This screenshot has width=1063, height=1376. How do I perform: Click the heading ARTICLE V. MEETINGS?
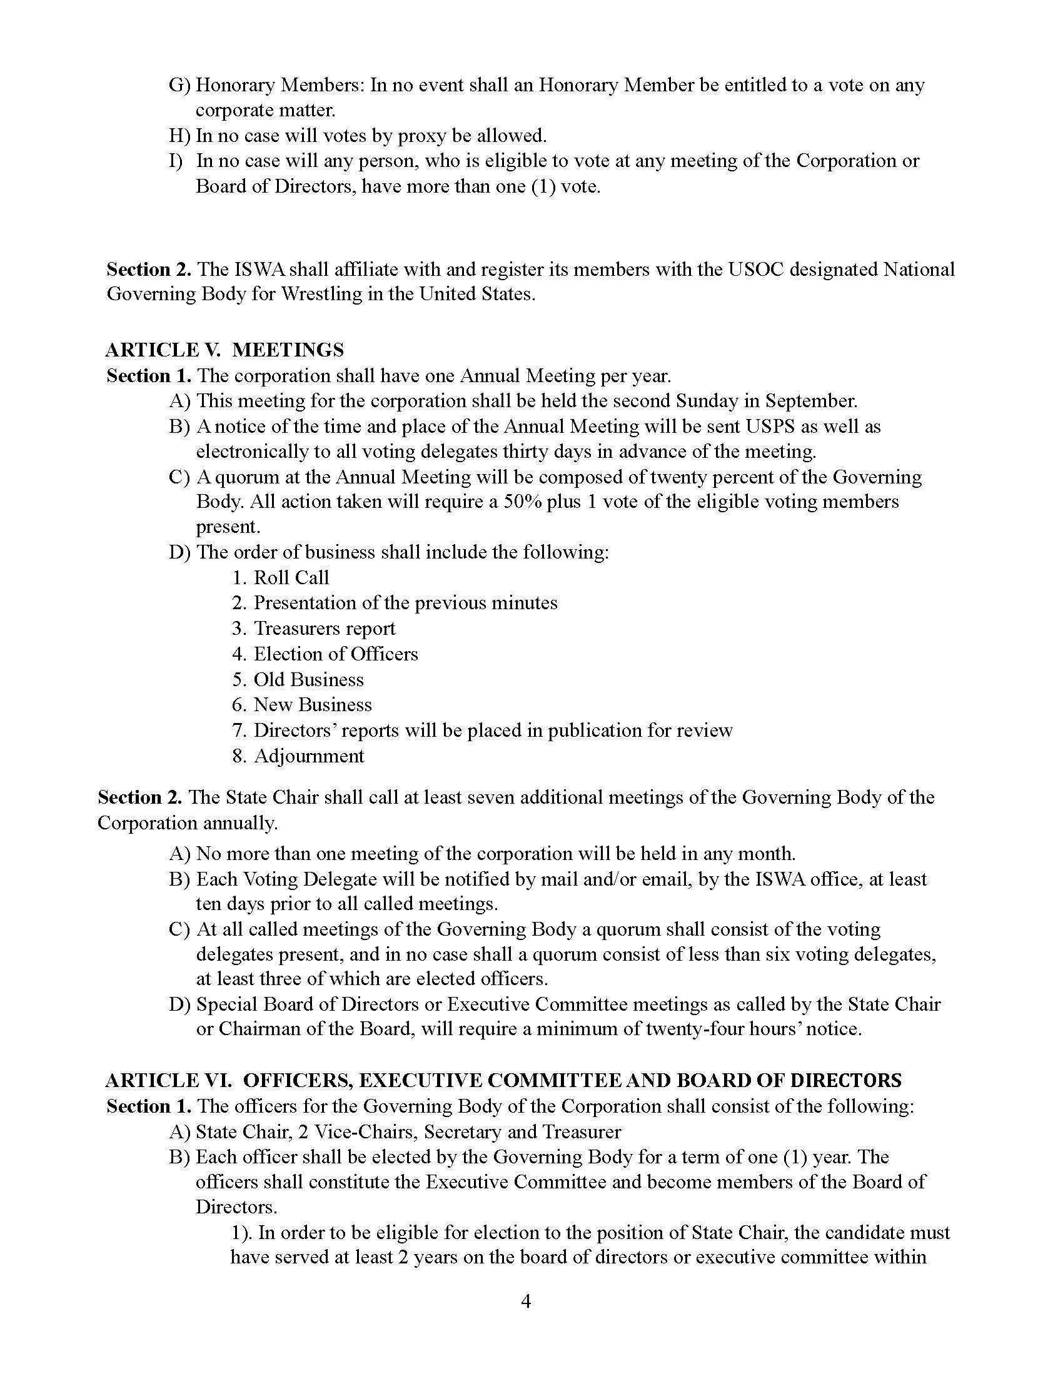coord(225,350)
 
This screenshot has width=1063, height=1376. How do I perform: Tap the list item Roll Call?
coord(291,578)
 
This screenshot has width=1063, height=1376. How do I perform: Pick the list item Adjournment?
coord(308,756)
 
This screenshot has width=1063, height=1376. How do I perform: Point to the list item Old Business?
coord(308,680)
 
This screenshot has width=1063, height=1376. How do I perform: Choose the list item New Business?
coord(313,705)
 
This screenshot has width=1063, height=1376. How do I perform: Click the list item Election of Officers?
coord(335,654)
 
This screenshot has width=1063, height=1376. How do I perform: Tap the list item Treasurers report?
coord(325,629)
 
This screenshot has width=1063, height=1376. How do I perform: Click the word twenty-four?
coord(703,1029)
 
